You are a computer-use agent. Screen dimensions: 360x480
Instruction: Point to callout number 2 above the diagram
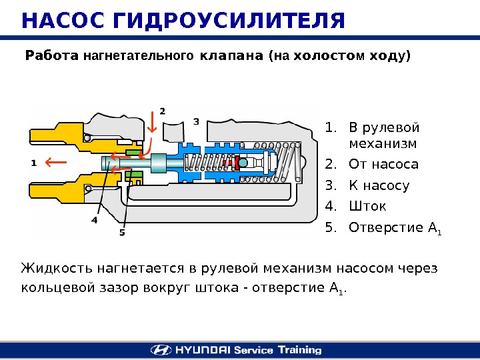coord(162,110)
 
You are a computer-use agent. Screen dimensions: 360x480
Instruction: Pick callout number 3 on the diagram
coord(196,121)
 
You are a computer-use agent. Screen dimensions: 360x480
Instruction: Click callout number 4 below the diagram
coord(95,219)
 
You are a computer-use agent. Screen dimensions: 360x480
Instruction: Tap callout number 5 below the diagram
coord(122,232)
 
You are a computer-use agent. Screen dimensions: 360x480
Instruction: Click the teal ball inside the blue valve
coord(243,163)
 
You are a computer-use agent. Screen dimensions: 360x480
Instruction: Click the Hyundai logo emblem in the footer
coord(160,349)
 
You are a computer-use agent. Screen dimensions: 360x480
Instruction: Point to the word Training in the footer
coord(298,349)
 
